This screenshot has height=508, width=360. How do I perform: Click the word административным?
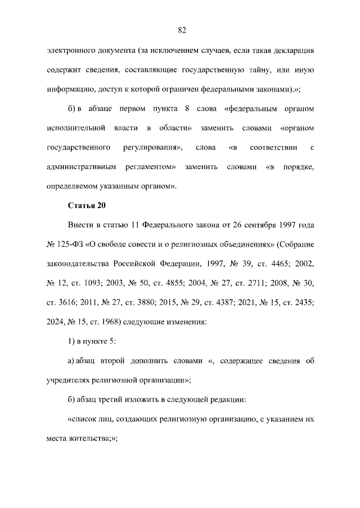pos(81,167)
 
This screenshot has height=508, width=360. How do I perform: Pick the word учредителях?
pos(71,380)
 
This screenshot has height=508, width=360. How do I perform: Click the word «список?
pos(83,419)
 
